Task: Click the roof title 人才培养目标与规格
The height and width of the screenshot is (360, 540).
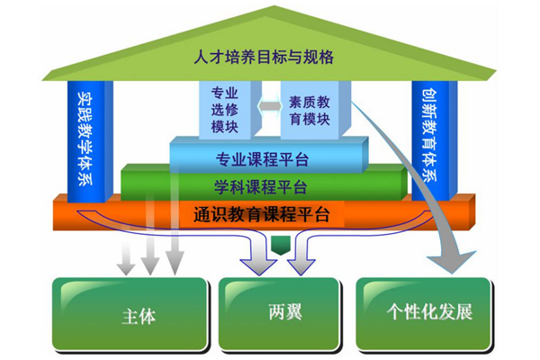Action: [x=264, y=57]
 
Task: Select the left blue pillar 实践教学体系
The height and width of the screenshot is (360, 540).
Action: [x=90, y=141]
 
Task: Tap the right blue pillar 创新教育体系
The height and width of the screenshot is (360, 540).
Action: [x=435, y=140]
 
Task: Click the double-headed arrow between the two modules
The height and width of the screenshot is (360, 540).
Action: [x=271, y=106]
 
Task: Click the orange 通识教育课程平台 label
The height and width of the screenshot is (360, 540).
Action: [x=261, y=214]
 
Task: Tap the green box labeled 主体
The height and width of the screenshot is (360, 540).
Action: [x=130, y=314]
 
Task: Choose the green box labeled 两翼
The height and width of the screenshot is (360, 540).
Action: [x=279, y=314]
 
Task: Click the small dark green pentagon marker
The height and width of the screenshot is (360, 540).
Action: [x=281, y=246]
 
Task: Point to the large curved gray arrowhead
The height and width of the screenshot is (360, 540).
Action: [x=452, y=261]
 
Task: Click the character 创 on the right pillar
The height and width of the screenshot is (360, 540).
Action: [x=429, y=97]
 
